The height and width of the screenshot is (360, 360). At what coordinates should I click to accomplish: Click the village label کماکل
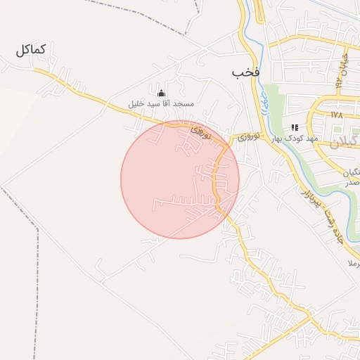[x=30, y=50]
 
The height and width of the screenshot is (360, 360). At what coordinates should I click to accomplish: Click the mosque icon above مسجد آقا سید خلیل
[x=160, y=93]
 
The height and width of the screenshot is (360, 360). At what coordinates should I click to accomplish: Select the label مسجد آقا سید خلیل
[x=160, y=103]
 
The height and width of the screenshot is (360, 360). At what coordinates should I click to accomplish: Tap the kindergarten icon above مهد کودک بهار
[x=295, y=127]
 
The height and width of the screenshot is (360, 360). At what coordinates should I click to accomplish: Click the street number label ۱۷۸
[x=336, y=114]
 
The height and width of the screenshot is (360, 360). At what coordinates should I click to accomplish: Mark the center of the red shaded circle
[x=180, y=179]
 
